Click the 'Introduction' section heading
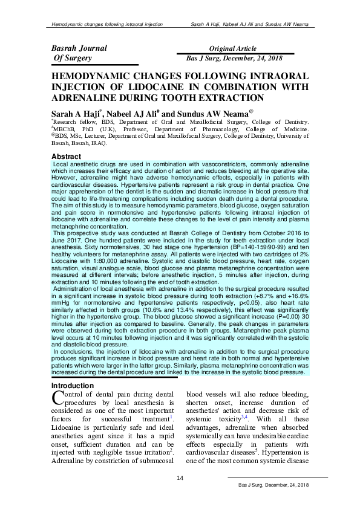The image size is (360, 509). [72, 385]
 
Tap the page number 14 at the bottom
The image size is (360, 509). [180, 479]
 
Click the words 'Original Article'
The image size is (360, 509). [233, 48]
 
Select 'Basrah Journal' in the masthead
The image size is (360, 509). [79, 48]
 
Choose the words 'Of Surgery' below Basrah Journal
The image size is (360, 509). [73, 59]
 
